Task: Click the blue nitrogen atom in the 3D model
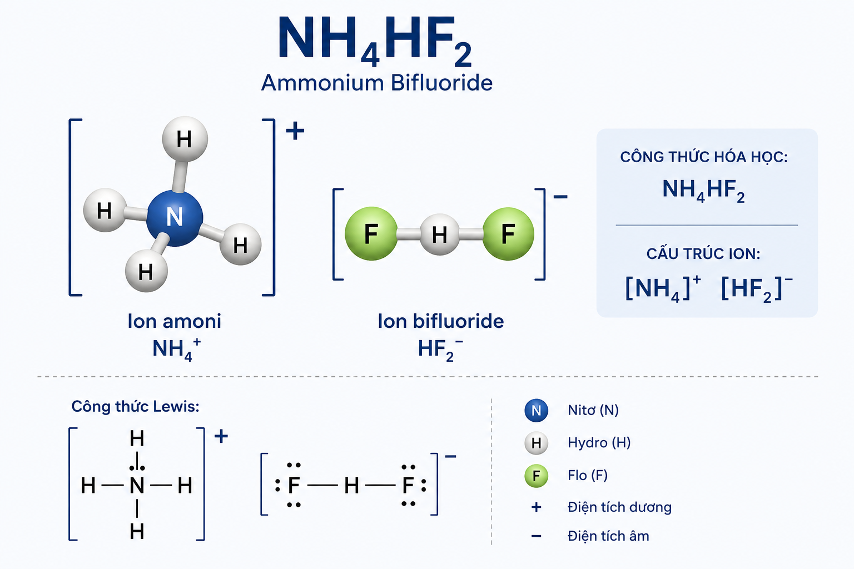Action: (x=175, y=218)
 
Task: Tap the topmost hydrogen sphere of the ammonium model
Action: (x=185, y=139)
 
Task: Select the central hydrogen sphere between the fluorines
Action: (x=440, y=234)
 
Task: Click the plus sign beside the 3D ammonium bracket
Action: (x=295, y=131)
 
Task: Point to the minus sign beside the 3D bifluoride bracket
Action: (x=560, y=197)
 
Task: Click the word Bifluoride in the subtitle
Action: (x=441, y=83)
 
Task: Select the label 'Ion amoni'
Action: (x=174, y=321)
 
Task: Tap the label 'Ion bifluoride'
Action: (x=441, y=321)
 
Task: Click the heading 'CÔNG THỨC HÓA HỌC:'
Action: (x=704, y=157)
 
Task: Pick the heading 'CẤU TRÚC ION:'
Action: (x=703, y=254)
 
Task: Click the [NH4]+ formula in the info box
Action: (x=663, y=288)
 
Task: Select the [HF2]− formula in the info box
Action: (x=757, y=288)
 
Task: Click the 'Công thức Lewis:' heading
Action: (x=135, y=406)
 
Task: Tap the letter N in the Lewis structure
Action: (x=137, y=485)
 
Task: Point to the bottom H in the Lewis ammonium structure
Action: (x=137, y=531)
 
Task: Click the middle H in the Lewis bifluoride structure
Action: (x=351, y=486)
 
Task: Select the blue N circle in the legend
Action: (x=536, y=411)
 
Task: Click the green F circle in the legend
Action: (x=536, y=476)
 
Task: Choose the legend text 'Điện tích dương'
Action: (x=619, y=507)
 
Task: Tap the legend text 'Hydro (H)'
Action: (x=599, y=443)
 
